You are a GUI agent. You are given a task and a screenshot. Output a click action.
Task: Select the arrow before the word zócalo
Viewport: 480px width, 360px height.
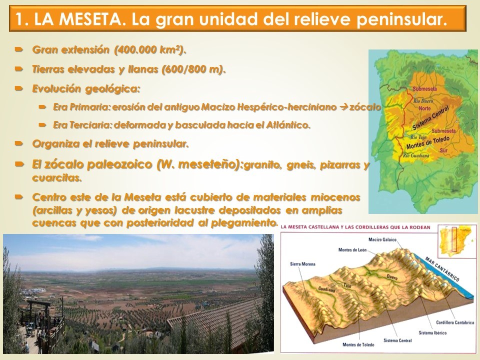tap(343, 107)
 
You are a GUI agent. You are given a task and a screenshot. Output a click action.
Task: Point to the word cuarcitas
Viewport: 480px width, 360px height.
tap(57, 178)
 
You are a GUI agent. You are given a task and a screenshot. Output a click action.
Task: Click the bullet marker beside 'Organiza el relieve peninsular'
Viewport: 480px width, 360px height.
tap(19, 143)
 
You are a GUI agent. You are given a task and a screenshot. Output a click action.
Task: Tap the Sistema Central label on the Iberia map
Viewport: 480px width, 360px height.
tap(430, 118)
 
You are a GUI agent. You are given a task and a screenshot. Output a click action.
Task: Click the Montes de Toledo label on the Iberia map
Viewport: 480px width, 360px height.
tap(428, 142)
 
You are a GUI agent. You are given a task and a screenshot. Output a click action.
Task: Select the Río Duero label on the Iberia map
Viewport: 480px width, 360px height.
tap(423, 101)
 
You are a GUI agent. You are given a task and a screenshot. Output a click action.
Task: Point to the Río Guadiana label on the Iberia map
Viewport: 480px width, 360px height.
tap(415, 156)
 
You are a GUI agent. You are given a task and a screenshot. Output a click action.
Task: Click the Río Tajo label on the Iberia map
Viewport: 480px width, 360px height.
tap(418, 137)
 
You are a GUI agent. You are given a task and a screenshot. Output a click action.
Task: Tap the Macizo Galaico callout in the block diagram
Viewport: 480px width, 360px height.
tap(382, 239)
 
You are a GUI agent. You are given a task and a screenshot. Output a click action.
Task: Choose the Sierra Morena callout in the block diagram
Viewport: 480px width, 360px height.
tap(302, 264)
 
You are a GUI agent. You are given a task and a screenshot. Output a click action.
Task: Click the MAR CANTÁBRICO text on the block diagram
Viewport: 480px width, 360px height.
tap(442, 269)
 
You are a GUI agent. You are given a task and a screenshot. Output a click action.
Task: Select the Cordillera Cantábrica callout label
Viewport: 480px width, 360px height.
tap(455, 322)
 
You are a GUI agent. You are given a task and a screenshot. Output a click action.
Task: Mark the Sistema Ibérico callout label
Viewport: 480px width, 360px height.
tap(432, 333)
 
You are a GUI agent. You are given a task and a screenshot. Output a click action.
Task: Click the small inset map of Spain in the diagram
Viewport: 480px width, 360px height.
tap(456, 241)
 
